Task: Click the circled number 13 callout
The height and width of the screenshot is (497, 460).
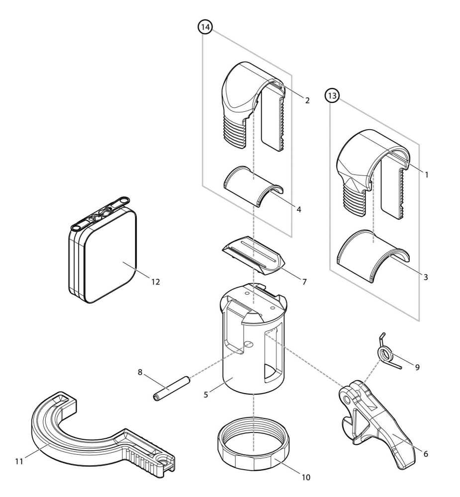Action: (332, 95)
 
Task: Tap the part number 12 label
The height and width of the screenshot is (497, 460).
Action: (156, 282)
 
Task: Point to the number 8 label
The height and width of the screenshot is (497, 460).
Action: (140, 371)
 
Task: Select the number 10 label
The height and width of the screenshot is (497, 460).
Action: (305, 477)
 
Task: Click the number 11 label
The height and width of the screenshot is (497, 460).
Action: (19, 461)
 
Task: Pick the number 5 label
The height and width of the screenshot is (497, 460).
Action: (206, 395)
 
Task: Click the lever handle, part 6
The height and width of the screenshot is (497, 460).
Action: (383, 427)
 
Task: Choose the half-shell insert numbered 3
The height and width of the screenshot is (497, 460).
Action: (373, 256)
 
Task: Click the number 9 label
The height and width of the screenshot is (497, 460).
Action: (417, 367)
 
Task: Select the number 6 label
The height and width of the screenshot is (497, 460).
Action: (425, 454)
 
